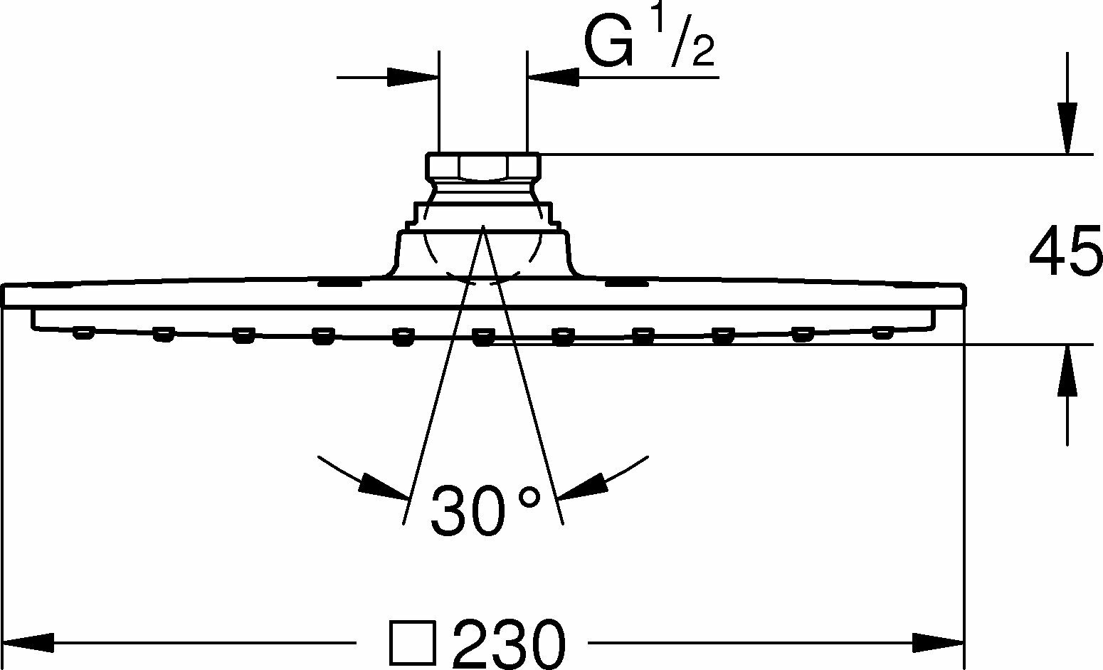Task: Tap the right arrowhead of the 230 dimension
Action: tap(939, 643)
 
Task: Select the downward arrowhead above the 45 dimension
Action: tap(1067, 128)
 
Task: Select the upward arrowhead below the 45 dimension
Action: tap(1067, 370)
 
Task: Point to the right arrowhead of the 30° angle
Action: tap(584, 486)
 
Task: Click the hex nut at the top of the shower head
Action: tap(483, 166)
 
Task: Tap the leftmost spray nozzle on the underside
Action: tap(84, 333)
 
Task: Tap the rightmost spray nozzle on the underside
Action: tap(882, 333)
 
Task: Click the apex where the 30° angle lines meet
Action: tap(483, 226)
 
